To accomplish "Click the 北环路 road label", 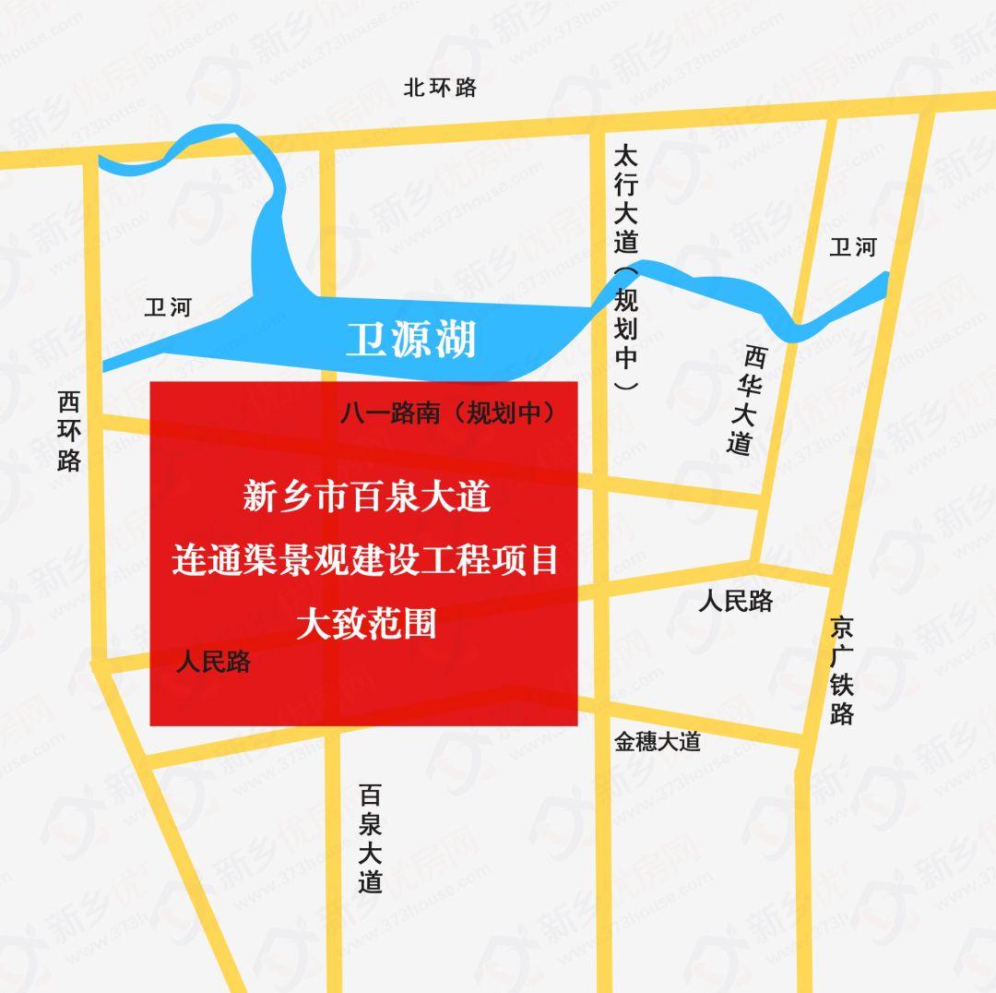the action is pyautogui.click(x=441, y=88).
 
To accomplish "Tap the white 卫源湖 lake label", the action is pyautogui.click(x=410, y=340).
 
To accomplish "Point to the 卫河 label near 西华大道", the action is pyautogui.click(x=852, y=246).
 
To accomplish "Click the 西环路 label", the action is pyautogui.click(x=69, y=431).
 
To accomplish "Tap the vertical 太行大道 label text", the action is pyautogui.click(x=626, y=197).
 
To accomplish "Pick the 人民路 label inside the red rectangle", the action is pyautogui.click(x=213, y=662).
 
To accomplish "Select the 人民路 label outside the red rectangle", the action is pyautogui.click(x=735, y=601).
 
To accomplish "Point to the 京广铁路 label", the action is pyautogui.click(x=841, y=671).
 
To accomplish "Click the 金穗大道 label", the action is pyautogui.click(x=658, y=741).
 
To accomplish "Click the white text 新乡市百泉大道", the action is pyautogui.click(x=365, y=498).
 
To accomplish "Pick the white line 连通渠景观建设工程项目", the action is pyautogui.click(x=365, y=561).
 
